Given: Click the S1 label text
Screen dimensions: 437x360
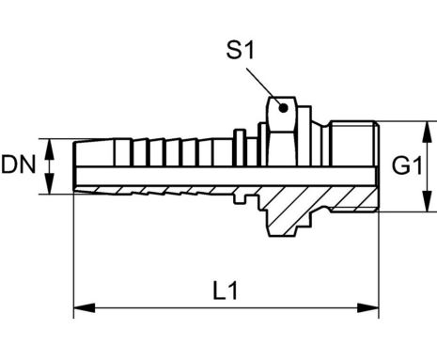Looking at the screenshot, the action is pyautogui.click(x=240, y=50).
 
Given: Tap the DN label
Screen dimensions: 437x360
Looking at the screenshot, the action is pyautogui.click(x=19, y=164).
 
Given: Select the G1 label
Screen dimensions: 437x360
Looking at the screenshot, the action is pyautogui.click(x=407, y=165).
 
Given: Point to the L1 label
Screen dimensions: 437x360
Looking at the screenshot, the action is pyautogui.click(x=226, y=290).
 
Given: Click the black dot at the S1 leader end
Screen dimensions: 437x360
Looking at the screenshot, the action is pyautogui.click(x=283, y=108).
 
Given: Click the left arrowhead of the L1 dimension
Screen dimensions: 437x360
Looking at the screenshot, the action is pyautogui.click(x=85, y=307).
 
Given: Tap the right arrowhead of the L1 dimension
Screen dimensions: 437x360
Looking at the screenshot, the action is pyautogui.click(x=368, y=307).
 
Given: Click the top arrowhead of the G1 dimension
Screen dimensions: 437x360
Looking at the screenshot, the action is pyautogui.click(x=427, y=133).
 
